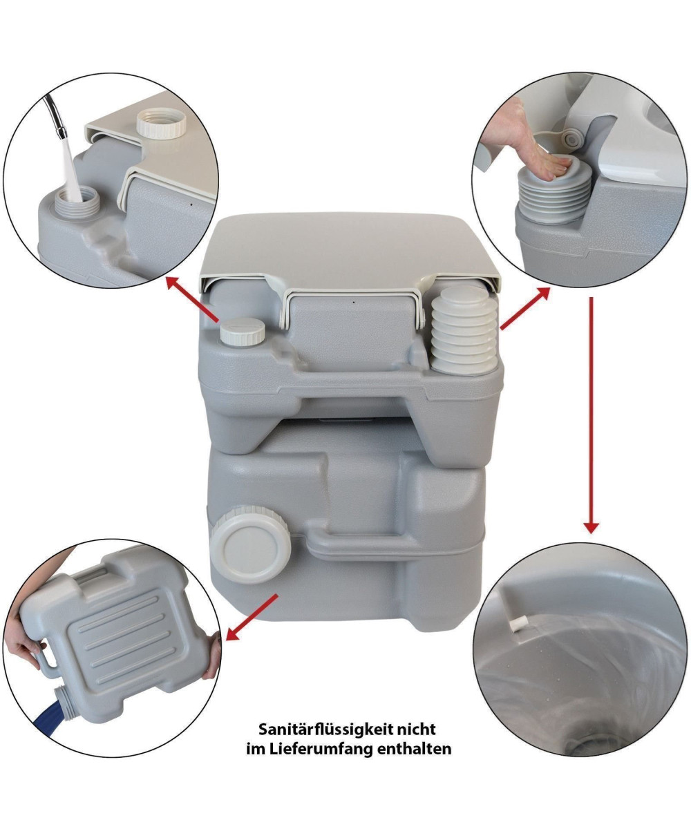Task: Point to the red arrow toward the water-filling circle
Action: [x=192, y=299]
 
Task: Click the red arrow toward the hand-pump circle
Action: [x=524, y=309]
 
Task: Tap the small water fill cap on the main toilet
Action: [x=243, y=330]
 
